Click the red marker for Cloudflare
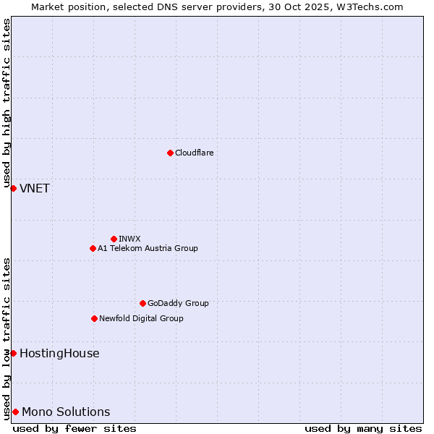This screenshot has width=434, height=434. pyautogui.click(x=170, y=153)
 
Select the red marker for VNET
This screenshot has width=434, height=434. pyautogui.click(x=13, y=188)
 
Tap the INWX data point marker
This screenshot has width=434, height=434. pyautogui.click(x=114, y=239)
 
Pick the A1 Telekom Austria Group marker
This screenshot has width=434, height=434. pyautogui.click(x=93, y=248)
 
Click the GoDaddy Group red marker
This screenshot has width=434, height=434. pyautogui.click(x=142, y=303)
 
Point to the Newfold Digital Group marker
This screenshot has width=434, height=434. pyautogui.click(x=94, y=318)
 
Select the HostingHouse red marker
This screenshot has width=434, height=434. pyautogui.click(x=13, y=353)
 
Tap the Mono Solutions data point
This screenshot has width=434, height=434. pyautogui.click(x=15, y=412)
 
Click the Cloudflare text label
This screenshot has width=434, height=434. pyautogui.click(x=194, y=153)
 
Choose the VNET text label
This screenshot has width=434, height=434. pyautogui.click(x=35, y=189)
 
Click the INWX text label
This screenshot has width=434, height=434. pyautogui.click(x=129, y=239)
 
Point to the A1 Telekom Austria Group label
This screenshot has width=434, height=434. pyautogui.click(x=148, y=248)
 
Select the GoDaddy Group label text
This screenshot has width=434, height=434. pyautogui.click(x=178, y=303)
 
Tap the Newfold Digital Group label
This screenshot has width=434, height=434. pyautogui.click(x=141, y=318)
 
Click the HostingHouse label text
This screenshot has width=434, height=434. pyautogui.click(x=59, y=354)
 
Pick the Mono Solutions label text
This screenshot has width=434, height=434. pyautogui.click(x=66, y=412)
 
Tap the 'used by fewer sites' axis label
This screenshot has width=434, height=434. pyautogui.click(x=75, y=428)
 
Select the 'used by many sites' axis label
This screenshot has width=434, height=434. pyautogui.click(x=363, y=428)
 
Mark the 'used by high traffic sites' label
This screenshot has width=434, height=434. pyautogui.click(x=7, y=104)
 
